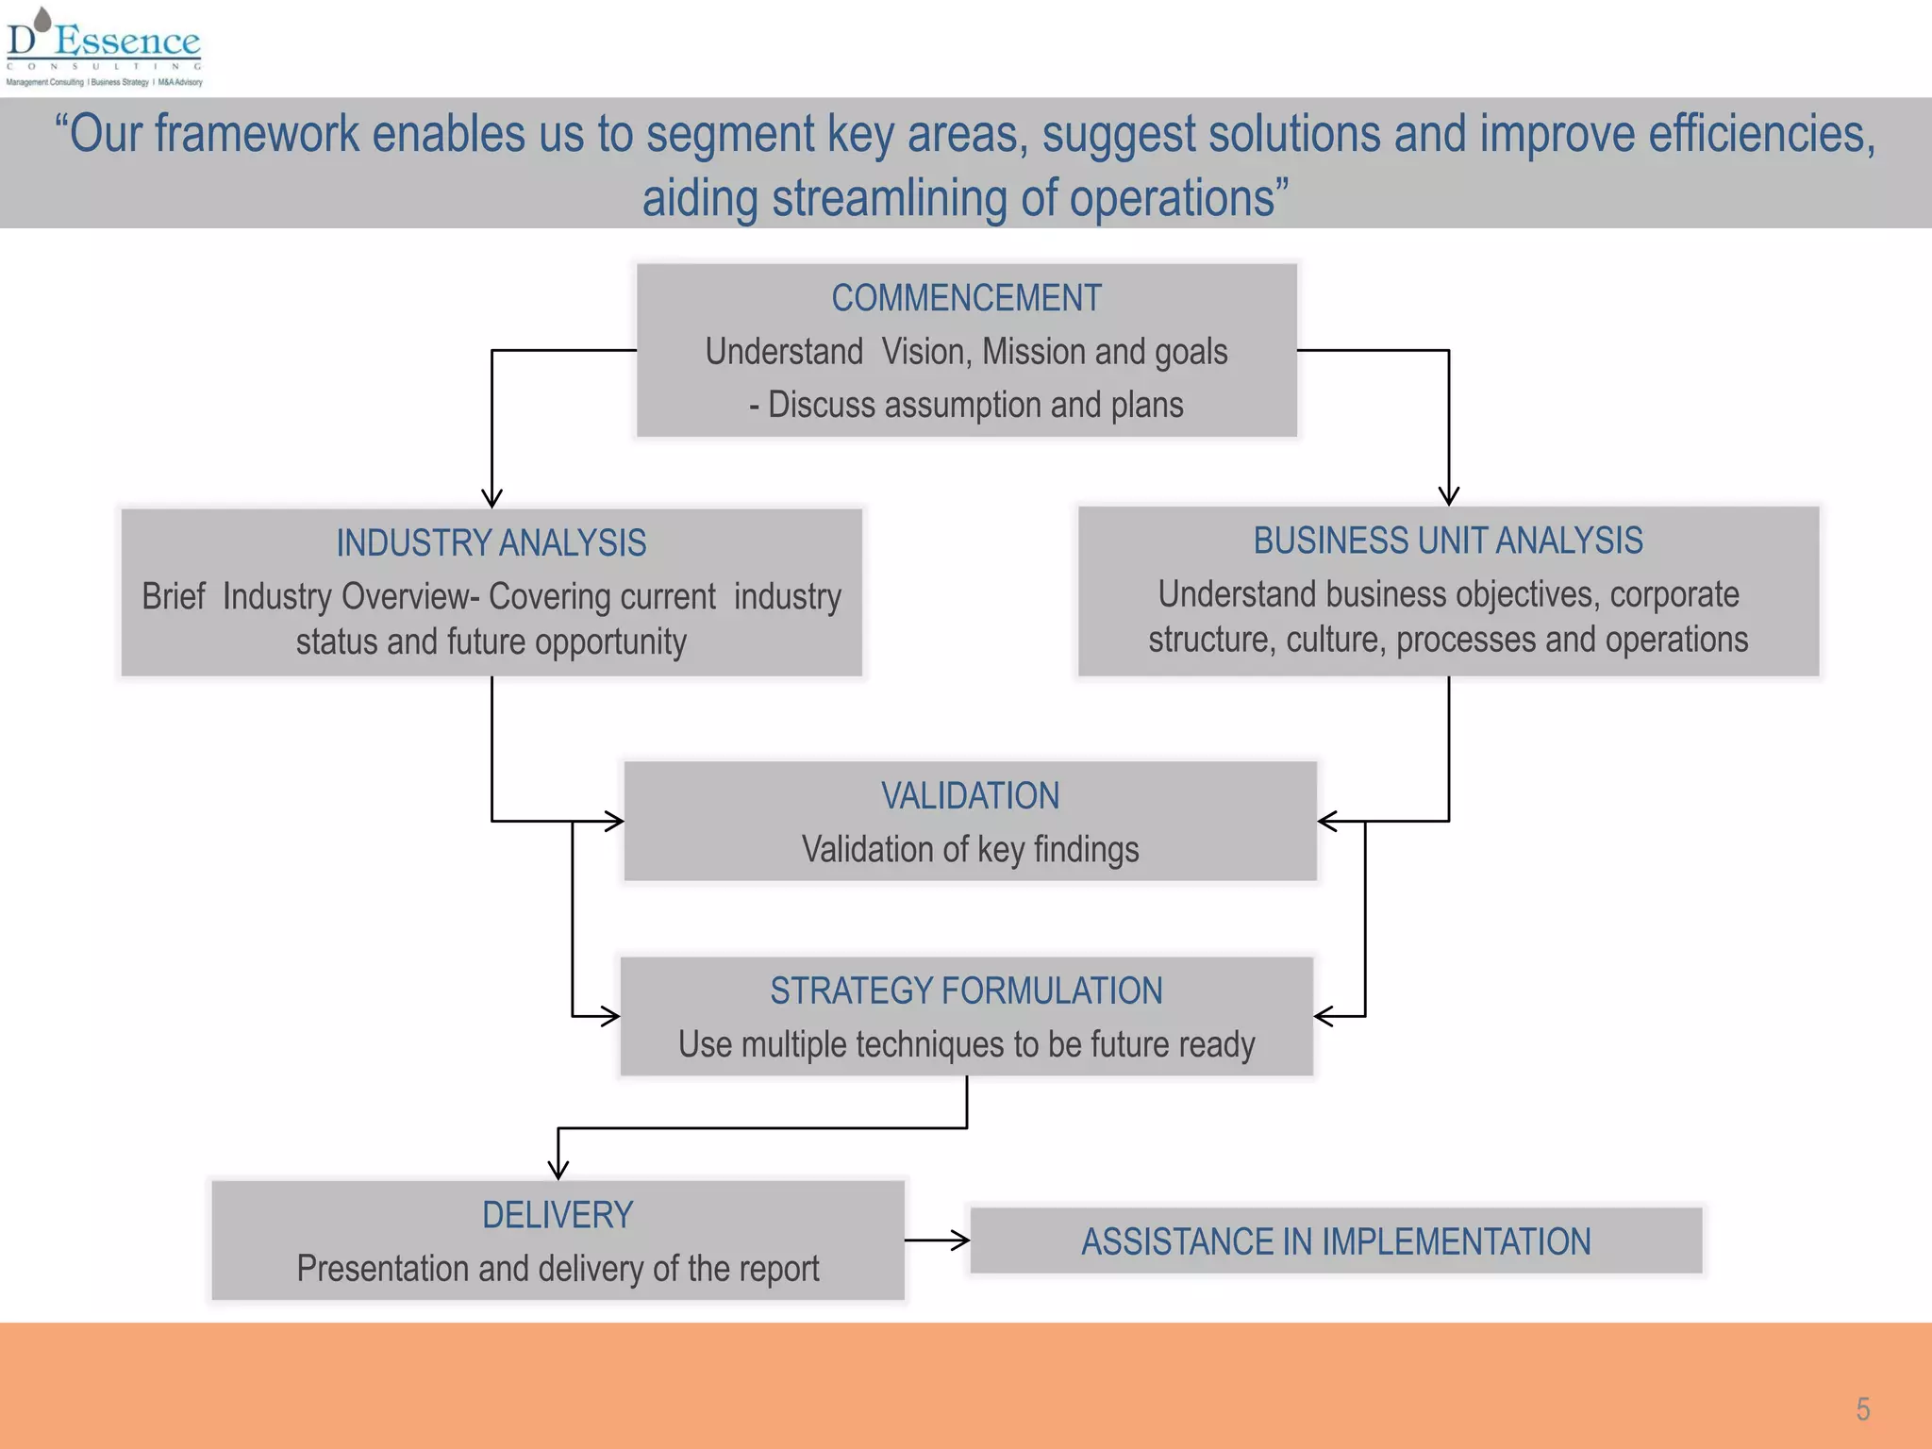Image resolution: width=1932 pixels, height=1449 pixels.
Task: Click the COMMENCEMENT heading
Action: pyautogui.click(x=966, y=298)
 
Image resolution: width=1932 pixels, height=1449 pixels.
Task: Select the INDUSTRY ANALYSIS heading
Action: pyautogui.click(x=491, y=543)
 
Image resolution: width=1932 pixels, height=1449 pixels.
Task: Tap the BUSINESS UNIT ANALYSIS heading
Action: pyautogui.click(x=1448, y=541)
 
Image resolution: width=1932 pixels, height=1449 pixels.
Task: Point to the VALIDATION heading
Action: pyautogui.click(x=970, y=796)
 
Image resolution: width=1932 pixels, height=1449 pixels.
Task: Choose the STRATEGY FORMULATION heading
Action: pyautogui.click(x=966, y=991)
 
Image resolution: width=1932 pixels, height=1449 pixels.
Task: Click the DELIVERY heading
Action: pyautogui.click(x=558, y=1215)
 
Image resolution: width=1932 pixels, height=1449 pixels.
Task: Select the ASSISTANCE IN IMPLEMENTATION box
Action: pyautogui.click(x=1336, y=1241)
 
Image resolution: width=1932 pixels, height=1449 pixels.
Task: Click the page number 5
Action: pyautogui.click(x=1863, y=1409)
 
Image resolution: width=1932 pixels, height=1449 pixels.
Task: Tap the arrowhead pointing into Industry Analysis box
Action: pyautogui.click(x=491, y=498)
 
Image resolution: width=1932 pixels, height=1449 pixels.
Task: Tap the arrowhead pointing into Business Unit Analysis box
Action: pyautogui.click(x=1449, y=496)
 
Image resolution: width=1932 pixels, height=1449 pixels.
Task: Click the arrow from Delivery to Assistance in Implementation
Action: pyautogui.click(x=938, y=1241)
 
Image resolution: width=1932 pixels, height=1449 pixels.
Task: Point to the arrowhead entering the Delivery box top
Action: pyautogui.click(x=558, y=1170)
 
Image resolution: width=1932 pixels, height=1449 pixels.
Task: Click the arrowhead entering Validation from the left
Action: pyautogui.click(x=614, y=822)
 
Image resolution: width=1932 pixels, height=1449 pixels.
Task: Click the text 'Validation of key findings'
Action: pyautogui.click(x=970, y=849)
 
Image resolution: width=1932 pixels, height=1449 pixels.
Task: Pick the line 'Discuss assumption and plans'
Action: pyautogui.click(x=975, y=405)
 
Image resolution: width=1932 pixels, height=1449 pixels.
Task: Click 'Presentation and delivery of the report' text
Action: pyautogui.click(x=558, y=1269)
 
